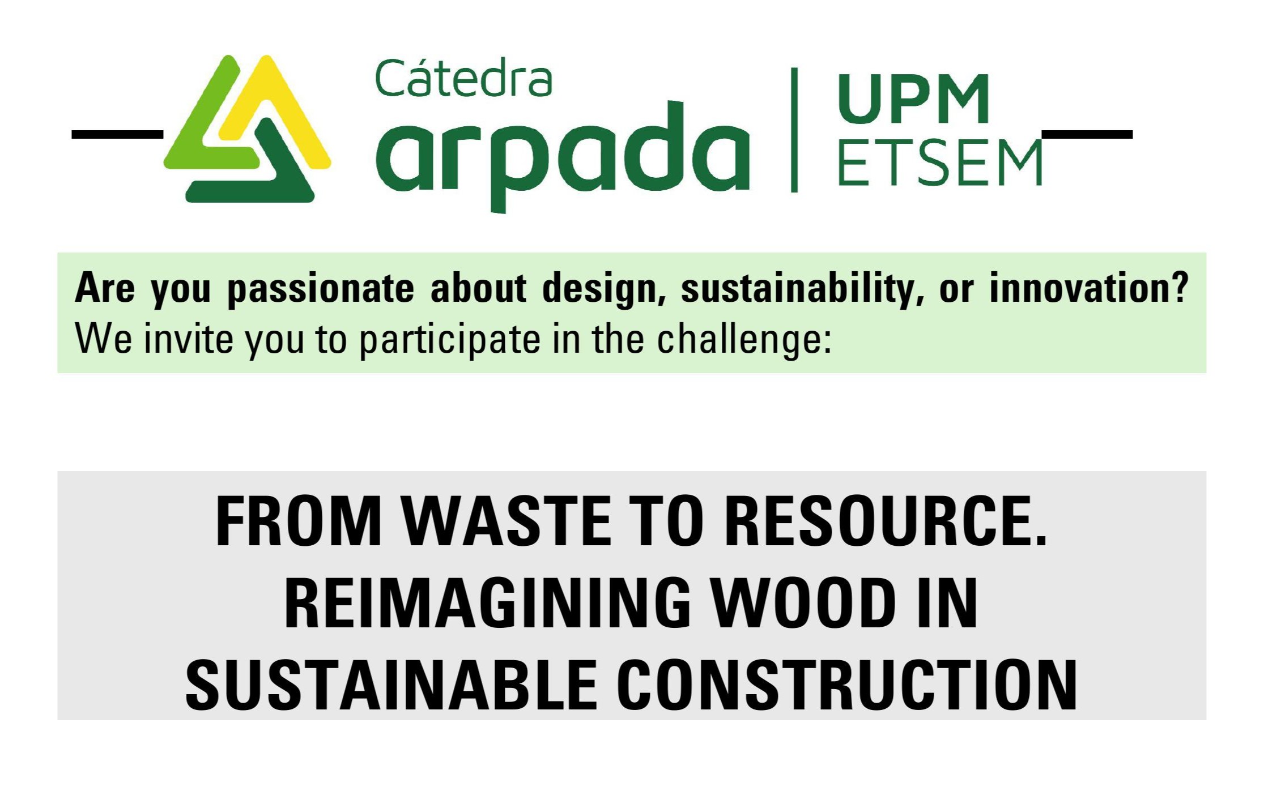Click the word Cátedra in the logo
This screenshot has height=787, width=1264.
click(463, 78)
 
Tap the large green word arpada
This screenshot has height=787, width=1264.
click(563, 155)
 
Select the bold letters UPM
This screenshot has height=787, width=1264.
click(913, 99)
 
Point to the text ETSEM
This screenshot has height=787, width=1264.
click(939, 163)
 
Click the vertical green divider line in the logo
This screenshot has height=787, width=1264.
click(794, 130)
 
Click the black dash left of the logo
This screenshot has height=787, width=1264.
click(117, 135)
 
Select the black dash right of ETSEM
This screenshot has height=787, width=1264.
click(1087, 135)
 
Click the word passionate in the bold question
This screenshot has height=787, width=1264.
click(321, 289)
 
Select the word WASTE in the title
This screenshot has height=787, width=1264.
click(507, 521)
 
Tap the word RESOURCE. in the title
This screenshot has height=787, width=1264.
click(886, 521)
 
